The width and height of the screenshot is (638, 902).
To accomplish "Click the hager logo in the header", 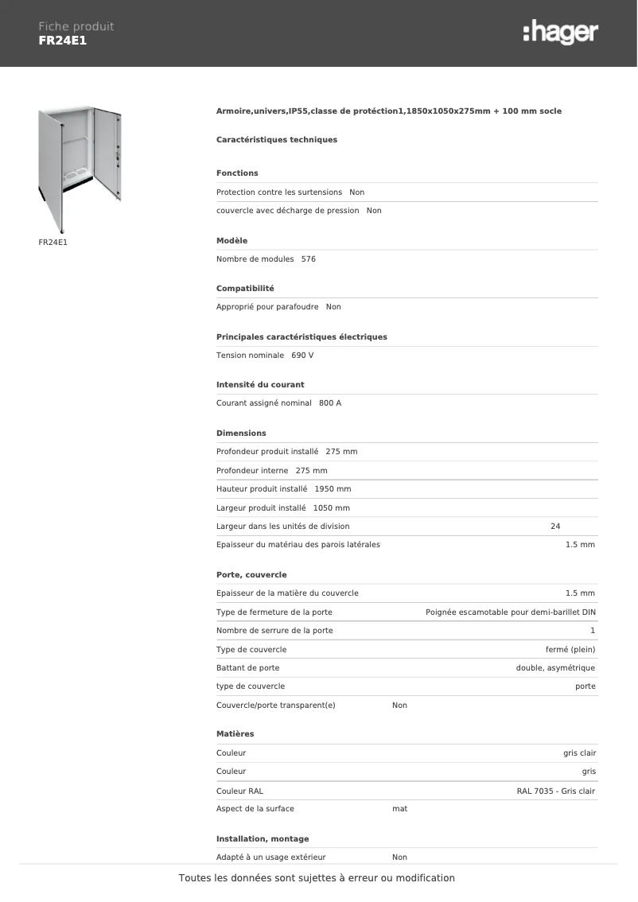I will [560, 33].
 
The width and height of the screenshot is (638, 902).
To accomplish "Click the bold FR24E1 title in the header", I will [62, 41].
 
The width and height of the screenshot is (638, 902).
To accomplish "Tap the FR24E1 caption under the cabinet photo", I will [53, 241].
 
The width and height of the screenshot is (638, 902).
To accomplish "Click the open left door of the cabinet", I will [50, 167].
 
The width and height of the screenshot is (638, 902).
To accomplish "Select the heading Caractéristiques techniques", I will [277, 140].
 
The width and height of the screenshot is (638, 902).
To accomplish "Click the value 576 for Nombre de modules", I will [309, 259].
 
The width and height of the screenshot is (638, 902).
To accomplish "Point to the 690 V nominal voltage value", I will [302, 356].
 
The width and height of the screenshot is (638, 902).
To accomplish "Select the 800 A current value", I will [330, 403].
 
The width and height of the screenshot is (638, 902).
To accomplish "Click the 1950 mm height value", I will [333, 489].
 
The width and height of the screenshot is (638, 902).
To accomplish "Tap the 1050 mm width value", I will [332, 508].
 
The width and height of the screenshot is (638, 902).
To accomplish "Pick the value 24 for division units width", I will [555, 527].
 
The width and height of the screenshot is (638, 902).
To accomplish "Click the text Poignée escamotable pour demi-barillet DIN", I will [511, 612].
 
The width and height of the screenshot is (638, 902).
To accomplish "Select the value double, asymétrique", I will [555, 668].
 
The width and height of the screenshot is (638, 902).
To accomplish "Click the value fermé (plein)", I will [570, 650].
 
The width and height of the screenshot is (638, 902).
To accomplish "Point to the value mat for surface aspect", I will [400, 809].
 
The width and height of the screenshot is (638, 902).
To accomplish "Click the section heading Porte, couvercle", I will [251, 575].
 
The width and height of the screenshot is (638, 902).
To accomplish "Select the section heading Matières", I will [235, 734].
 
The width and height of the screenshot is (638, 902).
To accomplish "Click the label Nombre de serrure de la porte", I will [274, 631].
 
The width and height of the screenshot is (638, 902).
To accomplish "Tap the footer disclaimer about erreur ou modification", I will [317, 878].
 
